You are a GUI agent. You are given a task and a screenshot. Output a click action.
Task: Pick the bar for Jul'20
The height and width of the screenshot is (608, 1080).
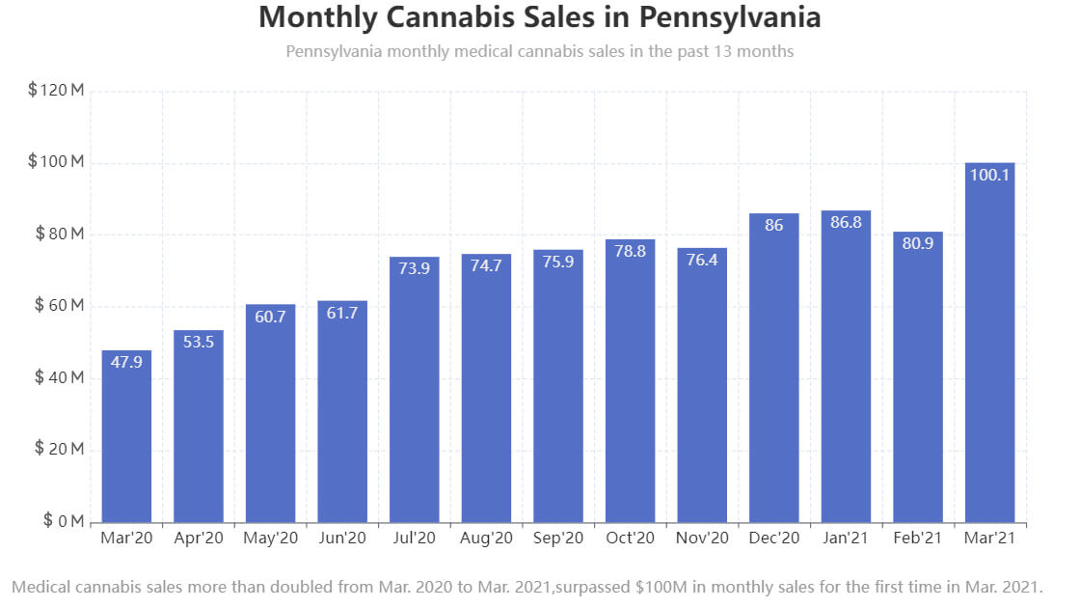point(415,390)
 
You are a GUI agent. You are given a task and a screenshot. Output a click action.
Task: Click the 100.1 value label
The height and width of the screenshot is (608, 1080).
point(989,175)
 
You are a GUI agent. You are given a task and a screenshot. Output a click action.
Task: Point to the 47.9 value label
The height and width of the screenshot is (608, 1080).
point(126,363)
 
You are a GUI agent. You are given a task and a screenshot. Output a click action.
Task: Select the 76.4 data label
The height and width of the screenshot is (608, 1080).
point(702,261)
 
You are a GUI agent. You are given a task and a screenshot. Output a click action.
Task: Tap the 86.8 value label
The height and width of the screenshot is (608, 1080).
point(846,223)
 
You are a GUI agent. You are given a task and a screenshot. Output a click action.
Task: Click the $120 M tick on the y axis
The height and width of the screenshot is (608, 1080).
point(57,91)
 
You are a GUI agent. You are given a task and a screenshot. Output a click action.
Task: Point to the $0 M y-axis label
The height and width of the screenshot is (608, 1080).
point(64,522)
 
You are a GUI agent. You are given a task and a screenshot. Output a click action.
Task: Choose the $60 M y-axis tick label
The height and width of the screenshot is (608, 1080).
point(60,306)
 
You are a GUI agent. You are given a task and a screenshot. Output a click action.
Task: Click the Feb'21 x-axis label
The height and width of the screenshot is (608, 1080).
point(917,539)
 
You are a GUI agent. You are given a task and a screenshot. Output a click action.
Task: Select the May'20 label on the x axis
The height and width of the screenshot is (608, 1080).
point(270,539)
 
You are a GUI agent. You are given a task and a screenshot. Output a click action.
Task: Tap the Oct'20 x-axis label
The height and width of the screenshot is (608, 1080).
point(630,539)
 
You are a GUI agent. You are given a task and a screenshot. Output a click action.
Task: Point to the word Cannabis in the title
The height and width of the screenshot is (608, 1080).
point(439,17)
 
